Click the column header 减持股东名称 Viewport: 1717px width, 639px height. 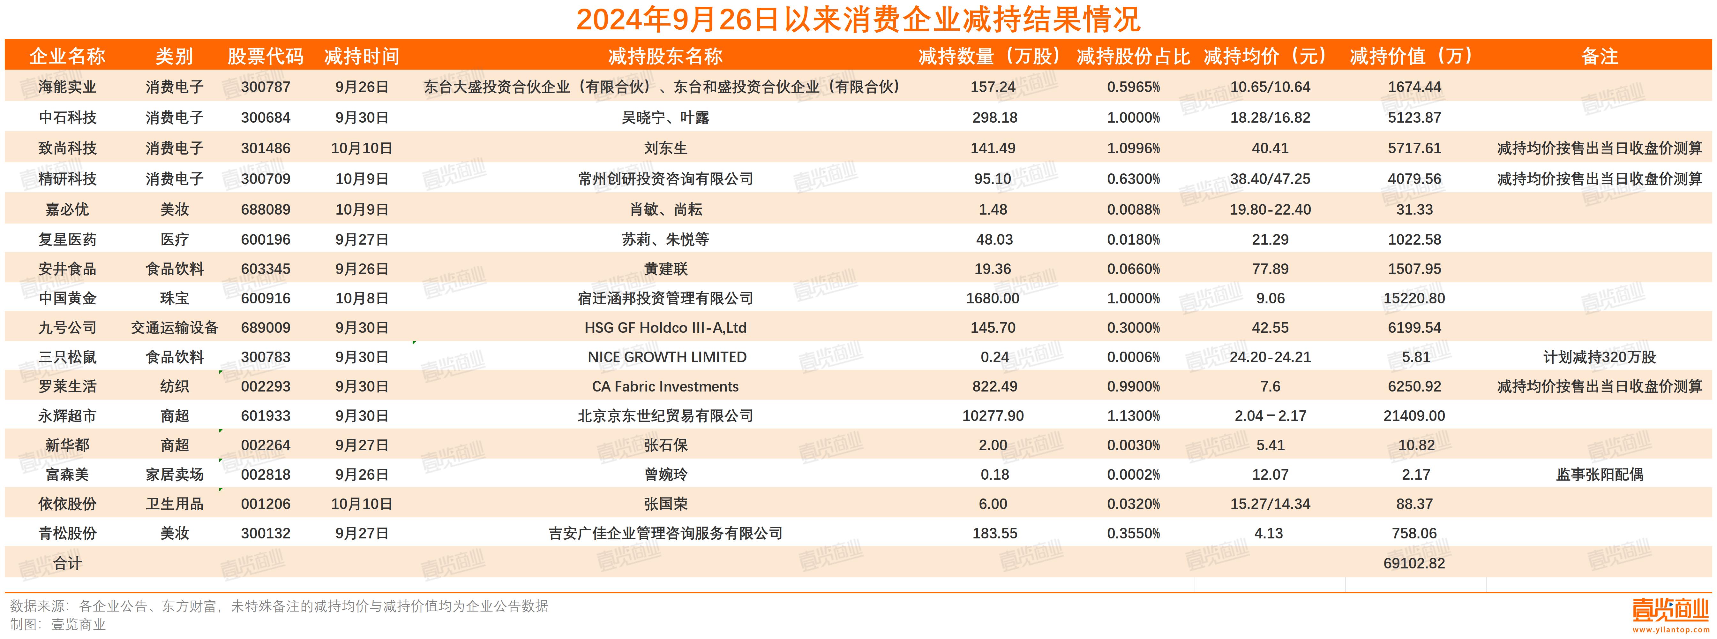pos(665,56)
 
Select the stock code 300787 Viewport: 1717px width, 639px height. pos(265,87)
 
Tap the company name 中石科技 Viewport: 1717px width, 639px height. pos(67,118)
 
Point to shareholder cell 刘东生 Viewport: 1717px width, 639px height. pos(665,148)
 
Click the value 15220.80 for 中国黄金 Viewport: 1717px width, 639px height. pos(1414,298)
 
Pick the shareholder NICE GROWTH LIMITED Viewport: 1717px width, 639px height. pos(667,357)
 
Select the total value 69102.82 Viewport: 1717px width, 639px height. pos(1414,563)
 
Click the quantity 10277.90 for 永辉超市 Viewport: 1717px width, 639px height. pos(993,415)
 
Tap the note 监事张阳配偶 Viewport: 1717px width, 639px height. pos(1599,474)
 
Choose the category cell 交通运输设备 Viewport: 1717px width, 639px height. pos(175,328)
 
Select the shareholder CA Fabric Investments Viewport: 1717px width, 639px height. pos(665,386)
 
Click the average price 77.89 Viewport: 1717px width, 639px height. pos(1270,269)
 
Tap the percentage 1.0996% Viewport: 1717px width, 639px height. pos(1133,148)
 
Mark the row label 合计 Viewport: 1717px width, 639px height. pos(67,563)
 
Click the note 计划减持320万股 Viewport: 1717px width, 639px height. pos(1599,357)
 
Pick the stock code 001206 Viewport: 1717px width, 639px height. pos(265,504)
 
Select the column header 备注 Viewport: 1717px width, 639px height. pos(1599,56)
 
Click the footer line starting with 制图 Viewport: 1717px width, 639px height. pos(59,624)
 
